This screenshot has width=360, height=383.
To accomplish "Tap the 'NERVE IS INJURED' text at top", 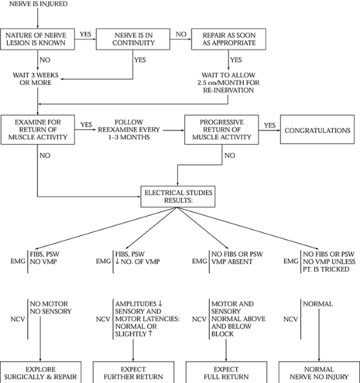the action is [x=38, y=4].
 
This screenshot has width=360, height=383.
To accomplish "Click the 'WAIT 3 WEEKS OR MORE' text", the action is [x=36, y=79].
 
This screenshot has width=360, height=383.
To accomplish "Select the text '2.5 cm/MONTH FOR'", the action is [x=229, y=82].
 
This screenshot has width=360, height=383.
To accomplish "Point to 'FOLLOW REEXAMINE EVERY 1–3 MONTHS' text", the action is [x=129, y=129].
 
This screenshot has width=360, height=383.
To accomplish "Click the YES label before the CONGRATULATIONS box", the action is [x=270, y=125].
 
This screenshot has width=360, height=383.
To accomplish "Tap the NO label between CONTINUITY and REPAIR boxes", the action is [x=181, y=34].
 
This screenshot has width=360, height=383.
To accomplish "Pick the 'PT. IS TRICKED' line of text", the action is [x=326, y=269].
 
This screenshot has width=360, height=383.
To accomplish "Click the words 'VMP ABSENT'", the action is [x=232, y=261].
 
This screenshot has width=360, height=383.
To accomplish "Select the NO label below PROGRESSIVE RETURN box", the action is [x=230, y=155].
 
